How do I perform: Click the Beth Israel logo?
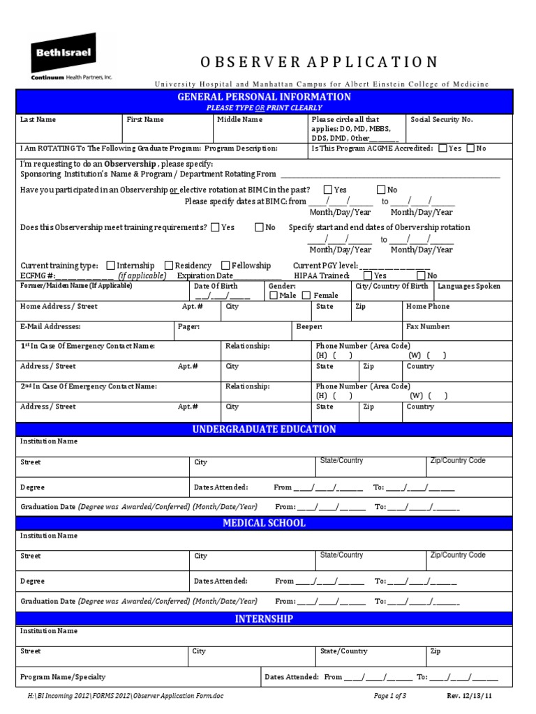click(70, 60)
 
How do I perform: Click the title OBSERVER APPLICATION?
click(319, 62)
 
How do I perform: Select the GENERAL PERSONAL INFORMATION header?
click(264, 97)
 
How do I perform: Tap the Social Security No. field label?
click(441, 120)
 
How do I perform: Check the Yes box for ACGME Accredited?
click(443, 149)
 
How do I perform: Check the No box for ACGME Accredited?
click(470, 149)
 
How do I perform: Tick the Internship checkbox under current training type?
click(110, 266)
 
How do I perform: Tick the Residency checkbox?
click(169, 266)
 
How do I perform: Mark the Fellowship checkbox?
click(225, 266)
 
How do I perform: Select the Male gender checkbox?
click(273, 296)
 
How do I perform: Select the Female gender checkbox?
click(306, 296)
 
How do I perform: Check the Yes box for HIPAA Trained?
click(367, 275)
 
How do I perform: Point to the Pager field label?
click(189, 326)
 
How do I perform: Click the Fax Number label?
click(428, 326)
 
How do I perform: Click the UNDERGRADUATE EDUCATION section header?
click(264, 430)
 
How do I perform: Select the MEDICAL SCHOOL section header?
click(264, 524)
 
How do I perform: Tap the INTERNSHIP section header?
click(264, 619)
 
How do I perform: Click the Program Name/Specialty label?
click(63, 677)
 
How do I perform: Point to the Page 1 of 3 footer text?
click(390, 697)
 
